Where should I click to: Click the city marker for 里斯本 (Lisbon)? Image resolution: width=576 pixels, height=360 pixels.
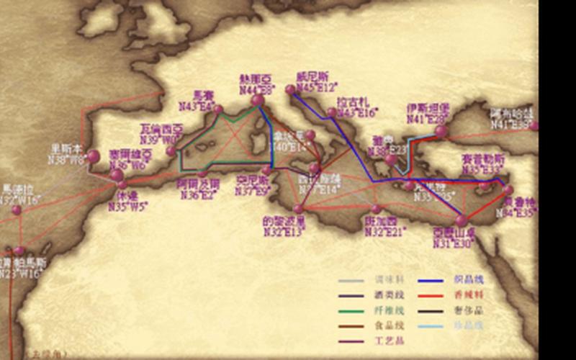tap(94, 156)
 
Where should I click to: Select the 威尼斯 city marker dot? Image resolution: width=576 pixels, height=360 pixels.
tap(291, 90)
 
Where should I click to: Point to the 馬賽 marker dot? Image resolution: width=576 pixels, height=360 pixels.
tap(218, 110)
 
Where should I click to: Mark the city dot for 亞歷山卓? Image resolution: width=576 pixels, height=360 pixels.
tap(462, 221)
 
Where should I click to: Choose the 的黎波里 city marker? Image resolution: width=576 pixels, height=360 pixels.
tap(299, 209)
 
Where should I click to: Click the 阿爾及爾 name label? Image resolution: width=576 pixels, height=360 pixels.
tap(198, 184)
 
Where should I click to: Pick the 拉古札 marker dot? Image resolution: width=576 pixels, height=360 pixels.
tap(331, 112)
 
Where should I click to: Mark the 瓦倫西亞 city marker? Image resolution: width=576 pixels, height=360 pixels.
tap(171, 151)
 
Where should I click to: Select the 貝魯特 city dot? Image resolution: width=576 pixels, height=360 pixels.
tap(508, 190)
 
